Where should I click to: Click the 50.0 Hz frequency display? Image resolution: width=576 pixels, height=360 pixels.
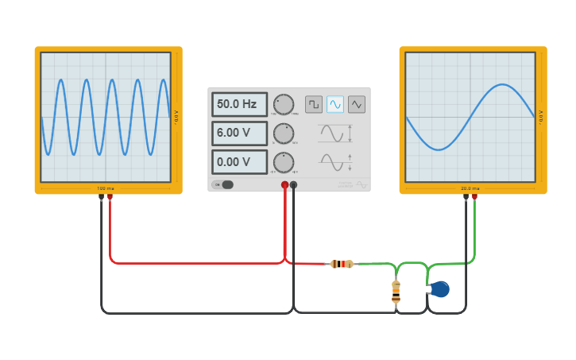coord(239,104)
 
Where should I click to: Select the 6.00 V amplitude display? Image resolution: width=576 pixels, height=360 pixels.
coord(239,133)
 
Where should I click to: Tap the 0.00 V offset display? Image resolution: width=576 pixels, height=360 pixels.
coord(239,162)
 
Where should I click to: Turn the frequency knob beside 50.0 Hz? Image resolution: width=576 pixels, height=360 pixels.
coord(283,104)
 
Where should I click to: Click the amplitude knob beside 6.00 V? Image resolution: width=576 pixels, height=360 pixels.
coord(283,133)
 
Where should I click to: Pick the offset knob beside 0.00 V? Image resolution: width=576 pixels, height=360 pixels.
coord(283,162)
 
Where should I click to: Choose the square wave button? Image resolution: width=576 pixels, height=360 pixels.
coord(314,104)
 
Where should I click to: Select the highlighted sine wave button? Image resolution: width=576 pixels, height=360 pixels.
coord(335,104)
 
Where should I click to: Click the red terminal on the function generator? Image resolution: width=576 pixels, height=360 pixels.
coord(284,184)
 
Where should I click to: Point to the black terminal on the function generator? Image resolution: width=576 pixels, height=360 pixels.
coord(294,184)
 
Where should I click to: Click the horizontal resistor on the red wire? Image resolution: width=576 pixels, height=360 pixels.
coord(342,264)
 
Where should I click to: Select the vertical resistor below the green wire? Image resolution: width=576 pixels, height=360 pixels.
coord(396,292)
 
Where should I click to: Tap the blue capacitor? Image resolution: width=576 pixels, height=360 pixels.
coord(439,289)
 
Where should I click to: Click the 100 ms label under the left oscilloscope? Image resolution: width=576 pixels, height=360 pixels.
coord(105,188)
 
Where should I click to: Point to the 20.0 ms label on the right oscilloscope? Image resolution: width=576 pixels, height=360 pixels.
coord(470,188)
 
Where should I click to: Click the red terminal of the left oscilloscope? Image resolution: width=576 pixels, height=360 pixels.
coord(110,197)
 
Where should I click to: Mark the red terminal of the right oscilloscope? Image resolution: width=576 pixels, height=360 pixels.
coord(474,197)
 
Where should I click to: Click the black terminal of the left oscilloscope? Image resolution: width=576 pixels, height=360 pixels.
coord(101,197)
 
